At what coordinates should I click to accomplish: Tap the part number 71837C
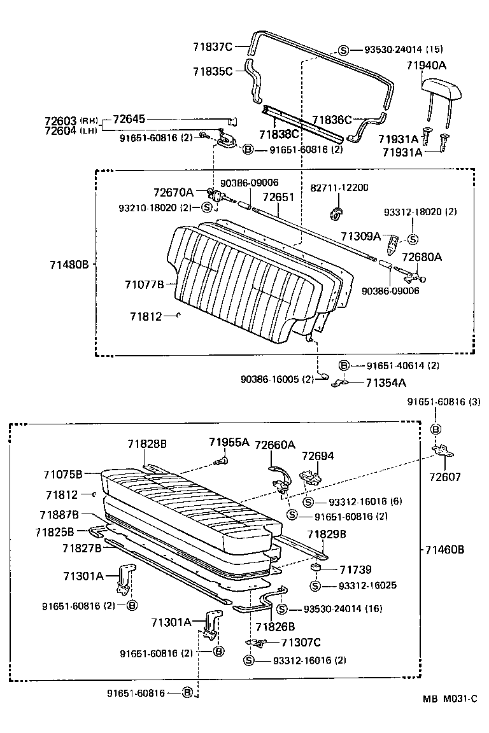pos(213,46)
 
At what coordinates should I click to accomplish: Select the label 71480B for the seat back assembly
pos(67,264)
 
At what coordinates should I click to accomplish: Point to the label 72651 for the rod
pos(278,197)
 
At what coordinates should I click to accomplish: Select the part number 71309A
pos(360,237)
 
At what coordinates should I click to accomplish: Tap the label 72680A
pos(421,257)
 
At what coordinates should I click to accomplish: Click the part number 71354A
pos(386,382)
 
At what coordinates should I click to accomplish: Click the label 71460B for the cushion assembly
pos(445,549)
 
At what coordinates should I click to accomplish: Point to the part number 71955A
pos(229,442)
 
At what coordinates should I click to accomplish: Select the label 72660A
pos(275,445)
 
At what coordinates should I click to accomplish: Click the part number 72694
pos(317,456)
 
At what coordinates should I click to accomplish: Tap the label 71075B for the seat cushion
pos(63,474)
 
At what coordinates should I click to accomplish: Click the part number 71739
pos(355,570)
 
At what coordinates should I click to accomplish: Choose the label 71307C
pos(301,643)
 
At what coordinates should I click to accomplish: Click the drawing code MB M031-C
pos(450,698)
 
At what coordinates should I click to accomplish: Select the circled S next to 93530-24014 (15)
pos(343,50)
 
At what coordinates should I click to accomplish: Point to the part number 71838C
pos(279,134)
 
